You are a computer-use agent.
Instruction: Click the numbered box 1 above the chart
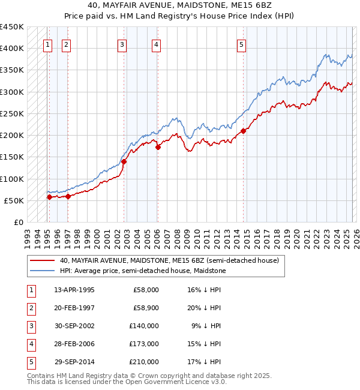[x=47, y=44]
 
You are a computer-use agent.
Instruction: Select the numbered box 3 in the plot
[x=122, y=44]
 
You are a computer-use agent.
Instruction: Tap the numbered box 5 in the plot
[x=241, y=44]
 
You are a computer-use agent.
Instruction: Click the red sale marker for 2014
[x=244, y=131]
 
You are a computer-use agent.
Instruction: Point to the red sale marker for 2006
[x=158, y=147]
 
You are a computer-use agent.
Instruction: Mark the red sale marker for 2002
[x=124, y=161]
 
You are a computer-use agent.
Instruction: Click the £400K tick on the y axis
[x=12, y=49]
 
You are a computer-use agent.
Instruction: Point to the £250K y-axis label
[x=12, y=113]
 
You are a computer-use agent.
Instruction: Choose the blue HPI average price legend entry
[x=142, y=271]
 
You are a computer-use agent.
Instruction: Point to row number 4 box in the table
[x=31, y=344]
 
